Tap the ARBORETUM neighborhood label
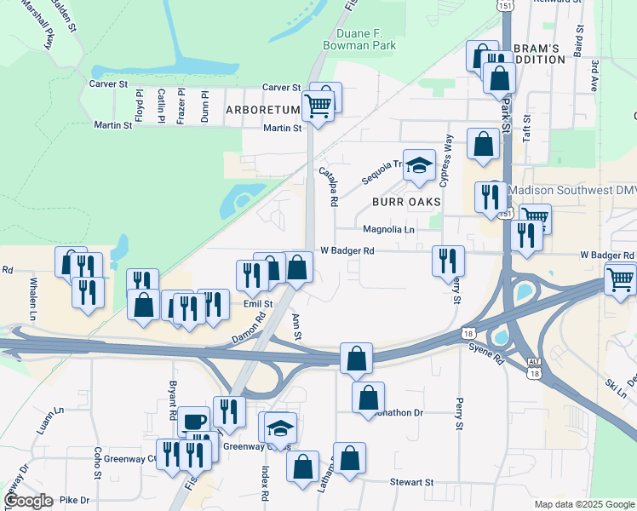coord(263,110)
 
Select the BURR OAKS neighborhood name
coord(407,202)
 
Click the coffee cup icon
coord(193,421)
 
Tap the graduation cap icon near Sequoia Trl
coord(418,165)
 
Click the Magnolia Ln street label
coord(388,230)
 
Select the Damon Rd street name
coord(249,328)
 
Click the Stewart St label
coord(412,482)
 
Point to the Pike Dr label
coord(76,500)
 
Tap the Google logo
coord(29,502)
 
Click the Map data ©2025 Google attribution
coord(583,504)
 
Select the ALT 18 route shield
coord(534,367)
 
